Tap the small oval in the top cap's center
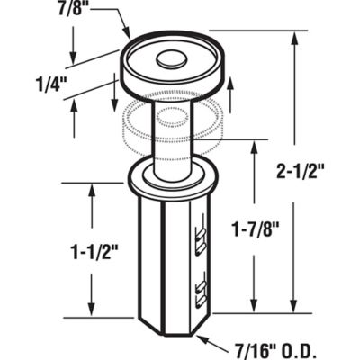tap(167, 62)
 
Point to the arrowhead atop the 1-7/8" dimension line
tap(255, 147)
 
